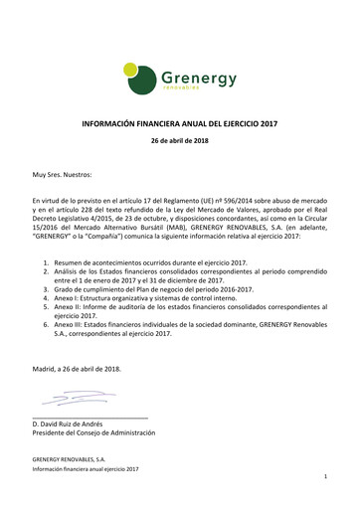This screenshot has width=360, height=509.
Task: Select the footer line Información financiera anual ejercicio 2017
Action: coord(86,468)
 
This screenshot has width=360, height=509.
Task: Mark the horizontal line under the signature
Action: coord(90,416)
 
